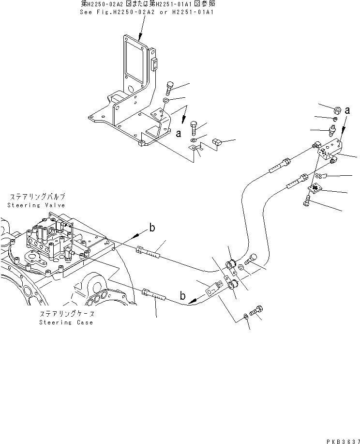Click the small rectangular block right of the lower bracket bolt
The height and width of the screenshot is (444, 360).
(x=216, y=141)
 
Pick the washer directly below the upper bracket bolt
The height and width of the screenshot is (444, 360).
(x=166, y=101)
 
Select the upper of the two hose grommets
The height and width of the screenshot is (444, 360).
(x=232, y=265)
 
